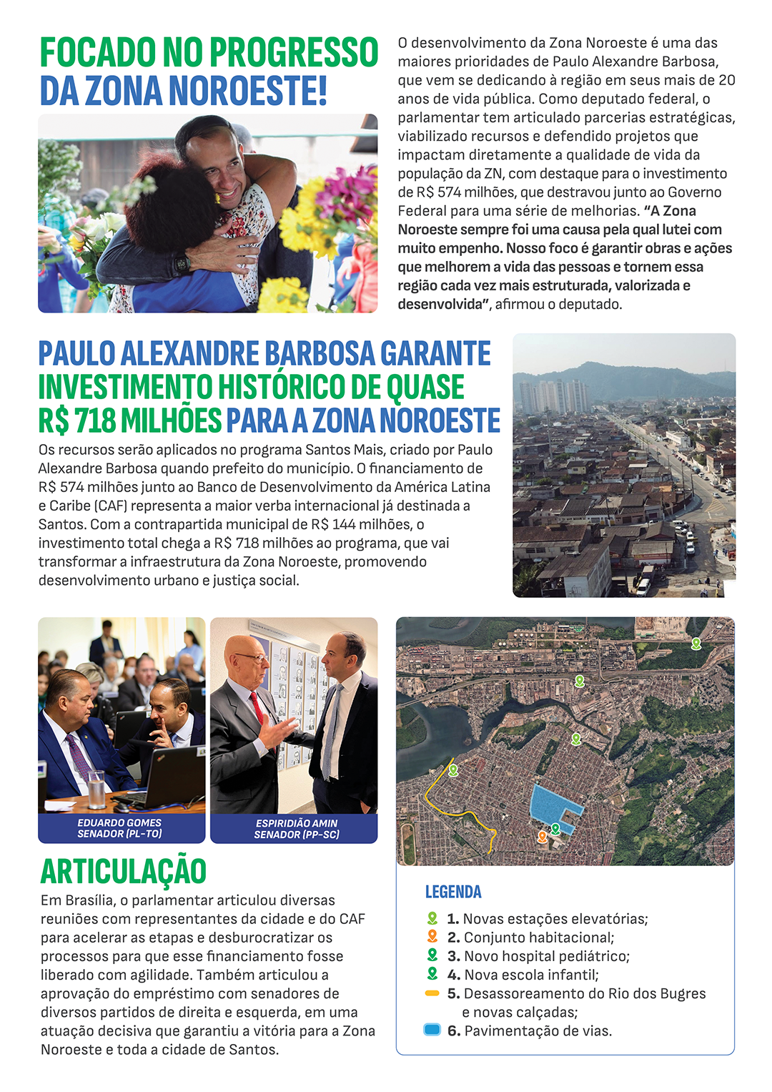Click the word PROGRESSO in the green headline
pos(294,52)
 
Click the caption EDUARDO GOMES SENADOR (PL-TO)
pos(119,828)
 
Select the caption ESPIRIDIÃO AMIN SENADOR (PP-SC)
pos(296,829)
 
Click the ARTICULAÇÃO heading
pos(124,871)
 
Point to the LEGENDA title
pos(453,892)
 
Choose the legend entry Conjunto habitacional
pos(538,938)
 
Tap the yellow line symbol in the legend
pos(432,993)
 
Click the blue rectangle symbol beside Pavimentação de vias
pos(432,1030)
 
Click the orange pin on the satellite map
pos(543,836)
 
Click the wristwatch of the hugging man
pos(182,262)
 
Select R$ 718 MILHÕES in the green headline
pos(130,420)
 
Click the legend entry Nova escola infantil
pos(531,975)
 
